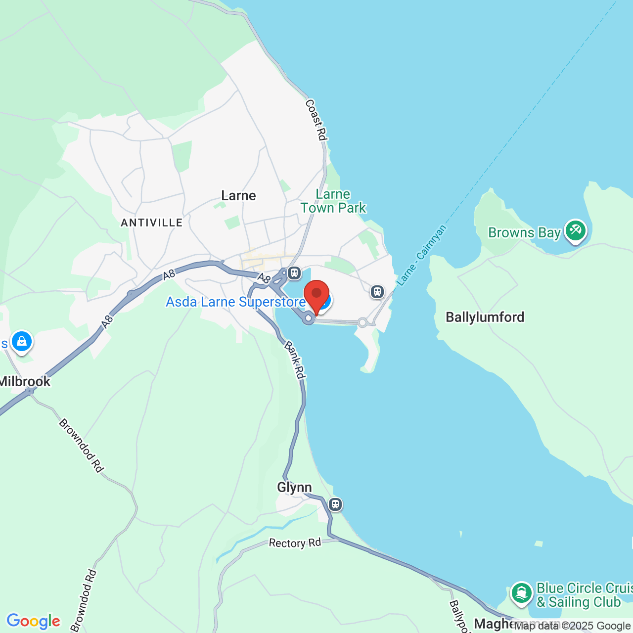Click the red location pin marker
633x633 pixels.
click(x=316, y=296)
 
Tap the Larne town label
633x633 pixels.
click(x=238, y=195)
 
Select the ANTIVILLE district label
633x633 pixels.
click(x=152, y=223)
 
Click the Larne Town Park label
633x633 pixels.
click(x=333, y=201)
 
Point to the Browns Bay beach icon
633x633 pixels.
click(x=576, y=230)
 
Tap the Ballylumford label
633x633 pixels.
click(x=485, y=317)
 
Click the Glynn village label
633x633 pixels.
click(x=294, y=487)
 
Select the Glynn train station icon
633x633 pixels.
click(x=335, y=504)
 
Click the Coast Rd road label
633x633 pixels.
click(x=316, y=120)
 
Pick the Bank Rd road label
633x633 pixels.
click(x=295, y=360)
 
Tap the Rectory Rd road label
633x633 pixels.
click(x=295, y=543)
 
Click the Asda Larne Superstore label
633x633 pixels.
click(x=235, y=302)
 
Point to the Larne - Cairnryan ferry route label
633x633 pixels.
click(x=422, y=255)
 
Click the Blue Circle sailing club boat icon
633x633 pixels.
click(x=521, y=592)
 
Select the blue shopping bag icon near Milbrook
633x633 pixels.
click(x=22, y=341)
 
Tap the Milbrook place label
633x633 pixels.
click(x=25, y=381)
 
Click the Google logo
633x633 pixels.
click(x=34, y=621)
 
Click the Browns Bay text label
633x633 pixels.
click(x=524, y=232)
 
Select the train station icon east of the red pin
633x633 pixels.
click(x=377, y=292)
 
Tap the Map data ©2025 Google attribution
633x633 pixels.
click(x=572, y=626)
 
